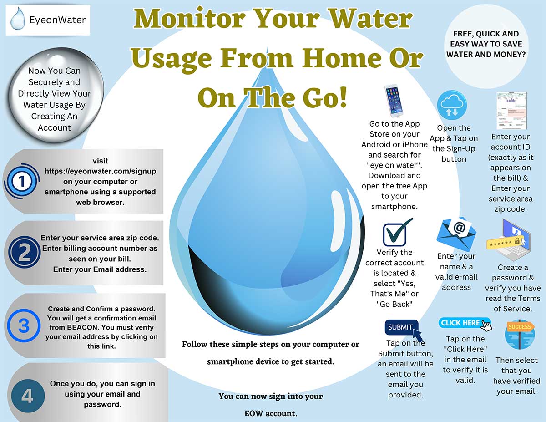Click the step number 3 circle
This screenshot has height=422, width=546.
click(23, 326)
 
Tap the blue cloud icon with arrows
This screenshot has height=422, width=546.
click(451, 105)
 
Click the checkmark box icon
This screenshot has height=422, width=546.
click(394, 233)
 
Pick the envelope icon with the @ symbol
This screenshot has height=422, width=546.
click(456, 232)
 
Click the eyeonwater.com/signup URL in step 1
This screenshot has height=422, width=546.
click(100, 171)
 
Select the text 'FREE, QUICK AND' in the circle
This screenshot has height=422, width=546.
click(486, 34)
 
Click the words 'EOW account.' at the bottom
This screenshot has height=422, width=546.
click(270, 414)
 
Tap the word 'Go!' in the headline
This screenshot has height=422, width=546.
click(324, 97)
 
